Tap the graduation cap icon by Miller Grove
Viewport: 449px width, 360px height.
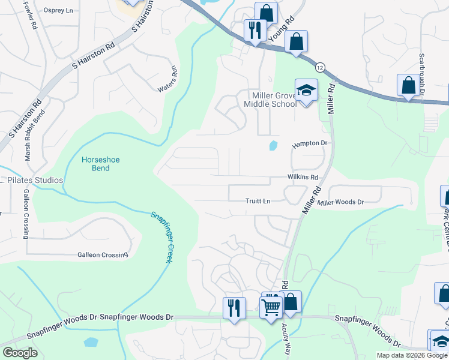click(306, 91)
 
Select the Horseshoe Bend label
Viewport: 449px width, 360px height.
click(96, 164)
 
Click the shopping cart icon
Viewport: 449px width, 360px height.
click(271, 307)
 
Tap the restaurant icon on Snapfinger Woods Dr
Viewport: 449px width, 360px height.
click(234, 308)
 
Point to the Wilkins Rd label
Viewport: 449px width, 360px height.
click(302, 177)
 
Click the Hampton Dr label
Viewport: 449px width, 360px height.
click(311, 144)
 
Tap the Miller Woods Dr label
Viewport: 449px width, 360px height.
click(341, 203)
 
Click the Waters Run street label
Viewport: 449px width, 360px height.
click(169, 79)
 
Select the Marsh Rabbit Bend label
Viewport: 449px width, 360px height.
click(27, 138)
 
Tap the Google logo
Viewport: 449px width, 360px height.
click(20, 353)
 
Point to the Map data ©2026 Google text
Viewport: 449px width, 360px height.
click(412, 355)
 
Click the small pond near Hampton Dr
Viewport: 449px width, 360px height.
click(273, 145)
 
